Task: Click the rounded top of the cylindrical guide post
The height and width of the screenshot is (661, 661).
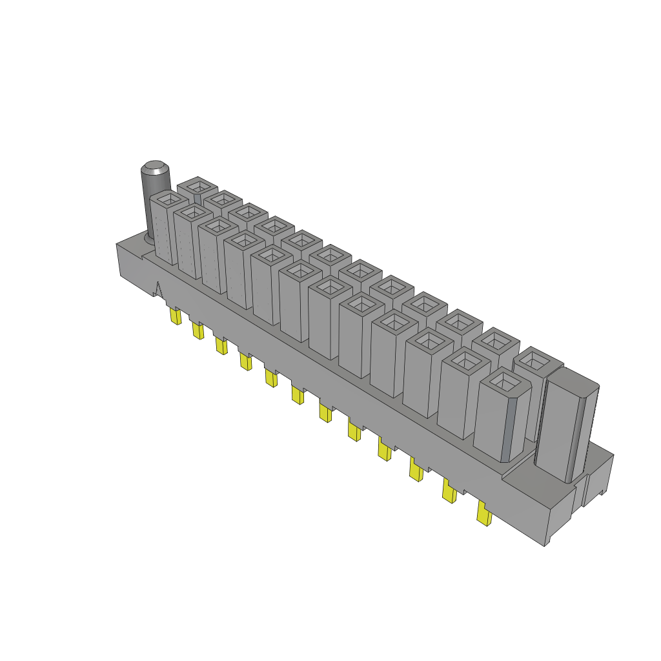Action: [154, 169]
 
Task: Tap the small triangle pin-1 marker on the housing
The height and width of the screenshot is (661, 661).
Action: [158, 288]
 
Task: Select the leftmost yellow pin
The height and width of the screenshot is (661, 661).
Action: [174, 316]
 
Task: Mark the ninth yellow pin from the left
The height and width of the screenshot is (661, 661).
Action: [384, 450]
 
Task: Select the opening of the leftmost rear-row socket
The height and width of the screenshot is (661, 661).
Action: [196, 187]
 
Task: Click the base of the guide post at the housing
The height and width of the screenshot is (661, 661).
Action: [151, 238]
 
